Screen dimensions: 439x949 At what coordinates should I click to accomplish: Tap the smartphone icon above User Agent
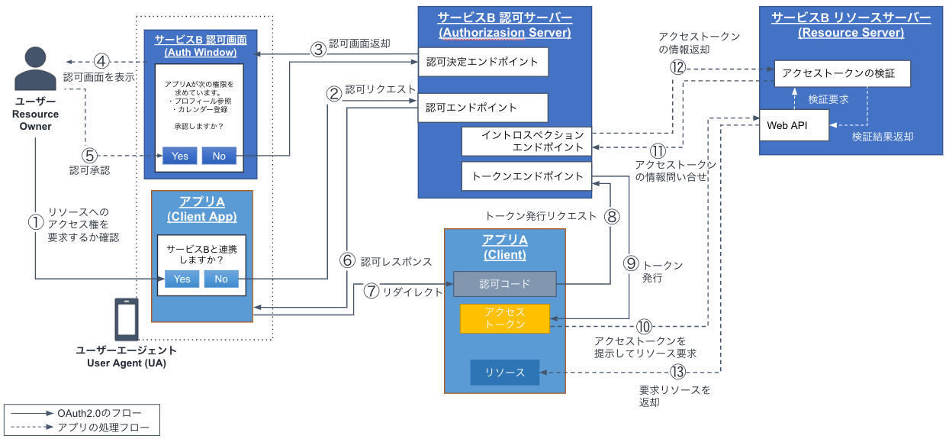click(127, 318)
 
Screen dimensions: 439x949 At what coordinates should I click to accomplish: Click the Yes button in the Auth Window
click(180, 156)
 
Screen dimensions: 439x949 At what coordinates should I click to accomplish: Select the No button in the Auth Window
click(219, 156)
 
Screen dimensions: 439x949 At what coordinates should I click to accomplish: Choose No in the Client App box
click(221, 279)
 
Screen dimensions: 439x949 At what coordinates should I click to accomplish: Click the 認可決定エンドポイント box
click(483, 63)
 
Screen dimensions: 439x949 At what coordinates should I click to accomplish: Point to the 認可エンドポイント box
click(483, 108)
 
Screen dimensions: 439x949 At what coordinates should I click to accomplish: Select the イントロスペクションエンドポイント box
click(526, 141)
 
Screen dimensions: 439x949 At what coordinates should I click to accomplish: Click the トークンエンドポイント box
click(526, 176)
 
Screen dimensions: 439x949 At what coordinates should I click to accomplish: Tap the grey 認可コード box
click(504, 284)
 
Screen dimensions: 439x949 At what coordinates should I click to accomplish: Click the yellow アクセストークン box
click(504, 318)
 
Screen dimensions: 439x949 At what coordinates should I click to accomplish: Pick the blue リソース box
click(504, 373)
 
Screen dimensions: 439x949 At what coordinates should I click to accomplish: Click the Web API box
click(793, 125)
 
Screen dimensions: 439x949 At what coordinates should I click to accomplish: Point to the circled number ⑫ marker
click(679, 67)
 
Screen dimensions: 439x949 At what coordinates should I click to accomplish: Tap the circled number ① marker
click(36, 222)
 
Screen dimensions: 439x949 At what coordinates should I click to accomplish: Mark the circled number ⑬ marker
click(677, 372)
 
